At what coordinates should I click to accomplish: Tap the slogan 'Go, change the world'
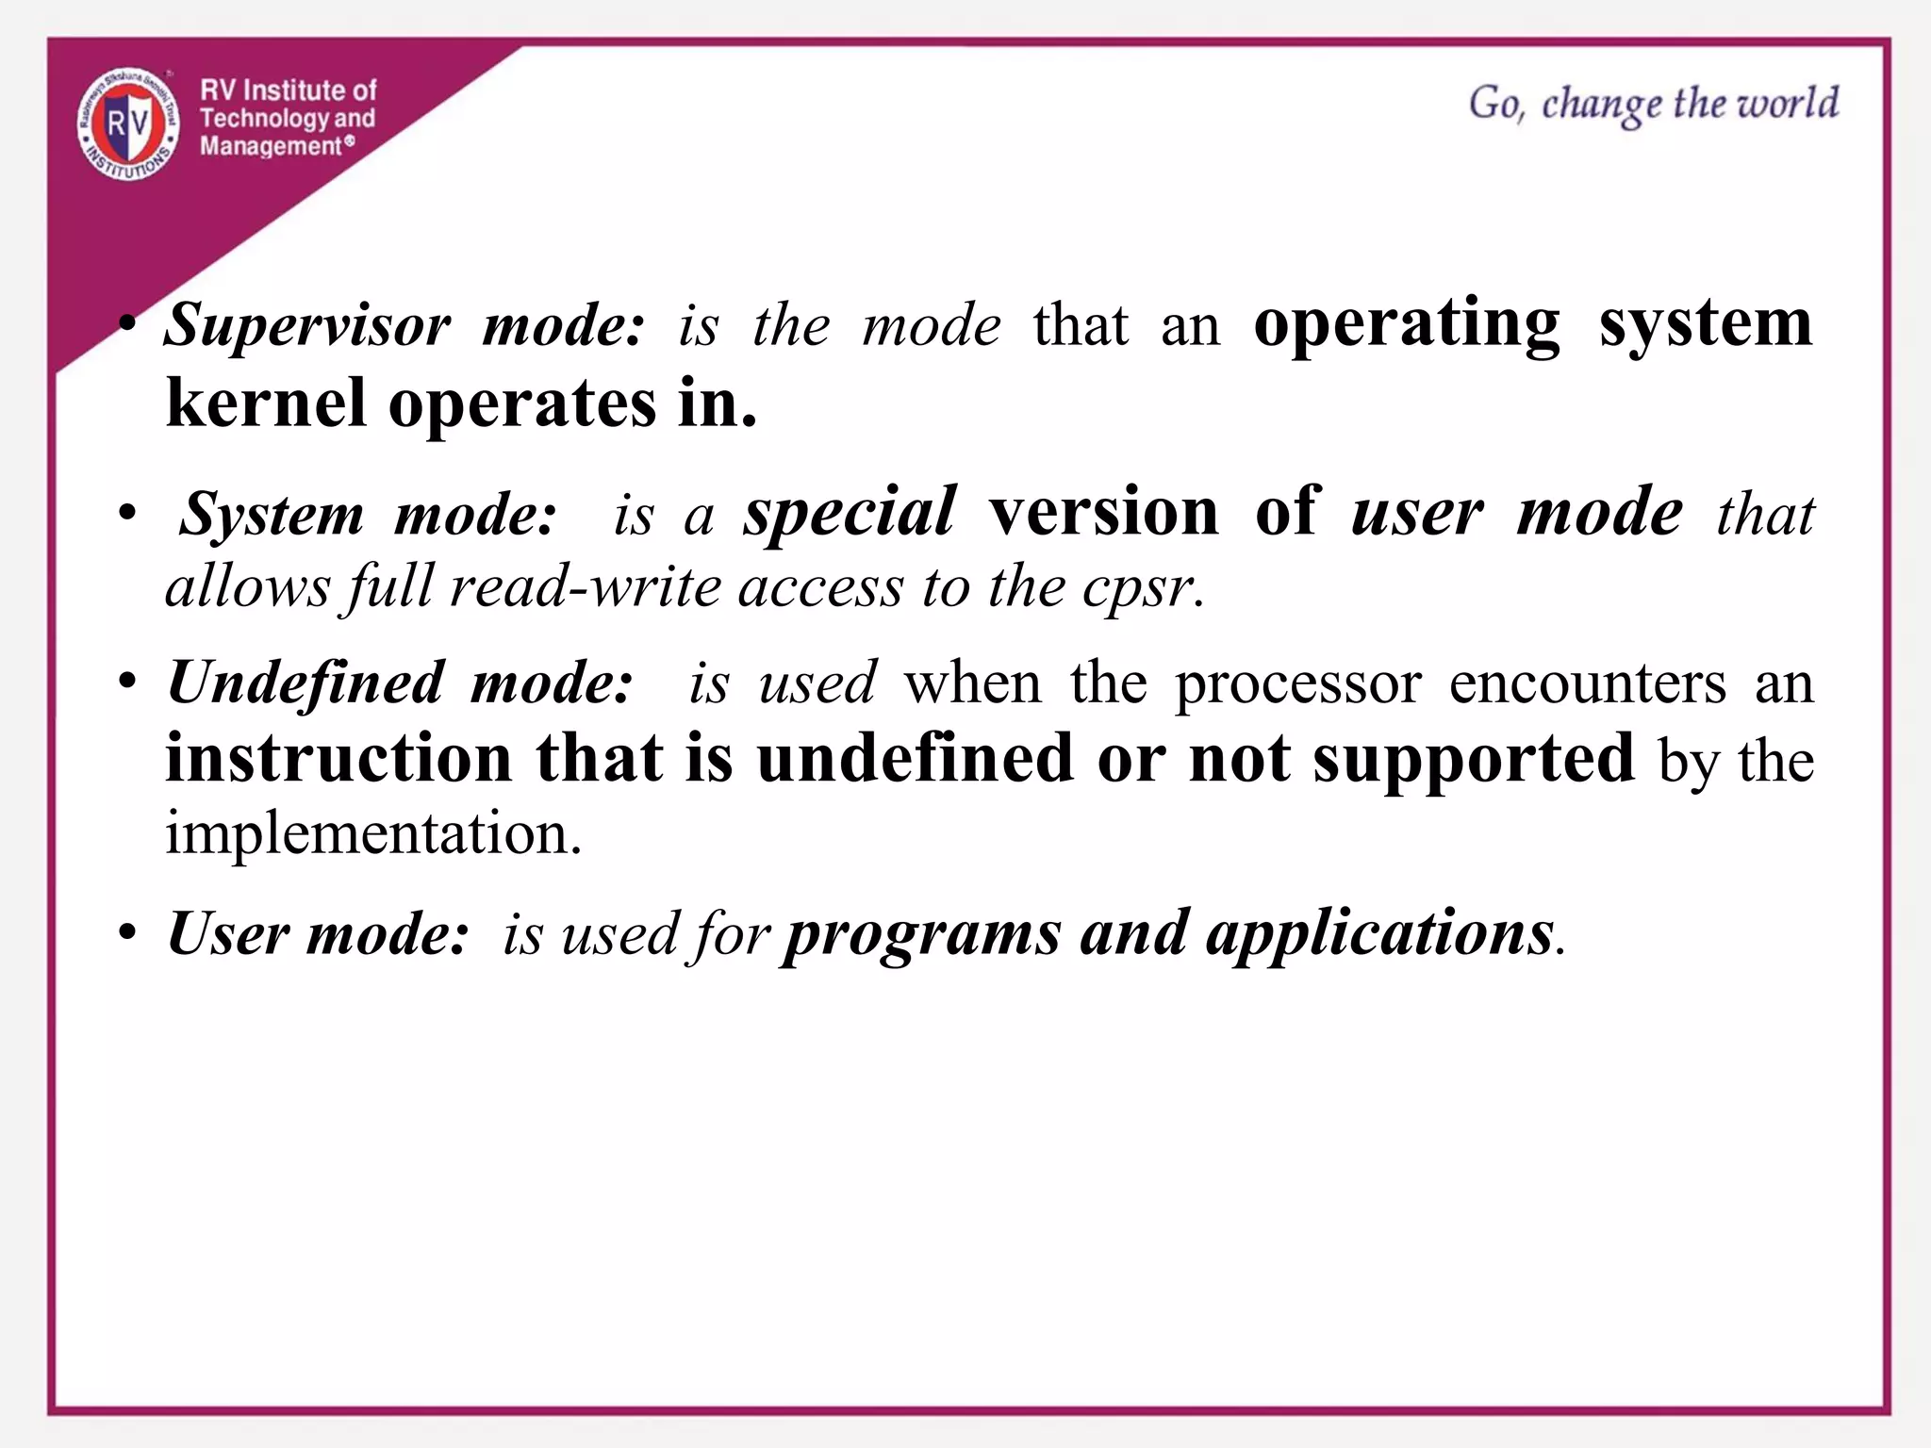click(1653, 104)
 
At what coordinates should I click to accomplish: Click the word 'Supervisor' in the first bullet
click(307, 326)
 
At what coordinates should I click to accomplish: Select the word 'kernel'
click(266, 403)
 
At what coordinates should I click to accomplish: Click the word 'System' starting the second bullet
click(272, 515)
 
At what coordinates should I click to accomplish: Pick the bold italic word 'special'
click(850, 513)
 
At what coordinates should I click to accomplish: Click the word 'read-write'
click(586, 588)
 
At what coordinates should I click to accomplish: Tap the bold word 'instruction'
click(338, 759)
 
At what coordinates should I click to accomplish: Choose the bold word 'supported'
click(1474, 759)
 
